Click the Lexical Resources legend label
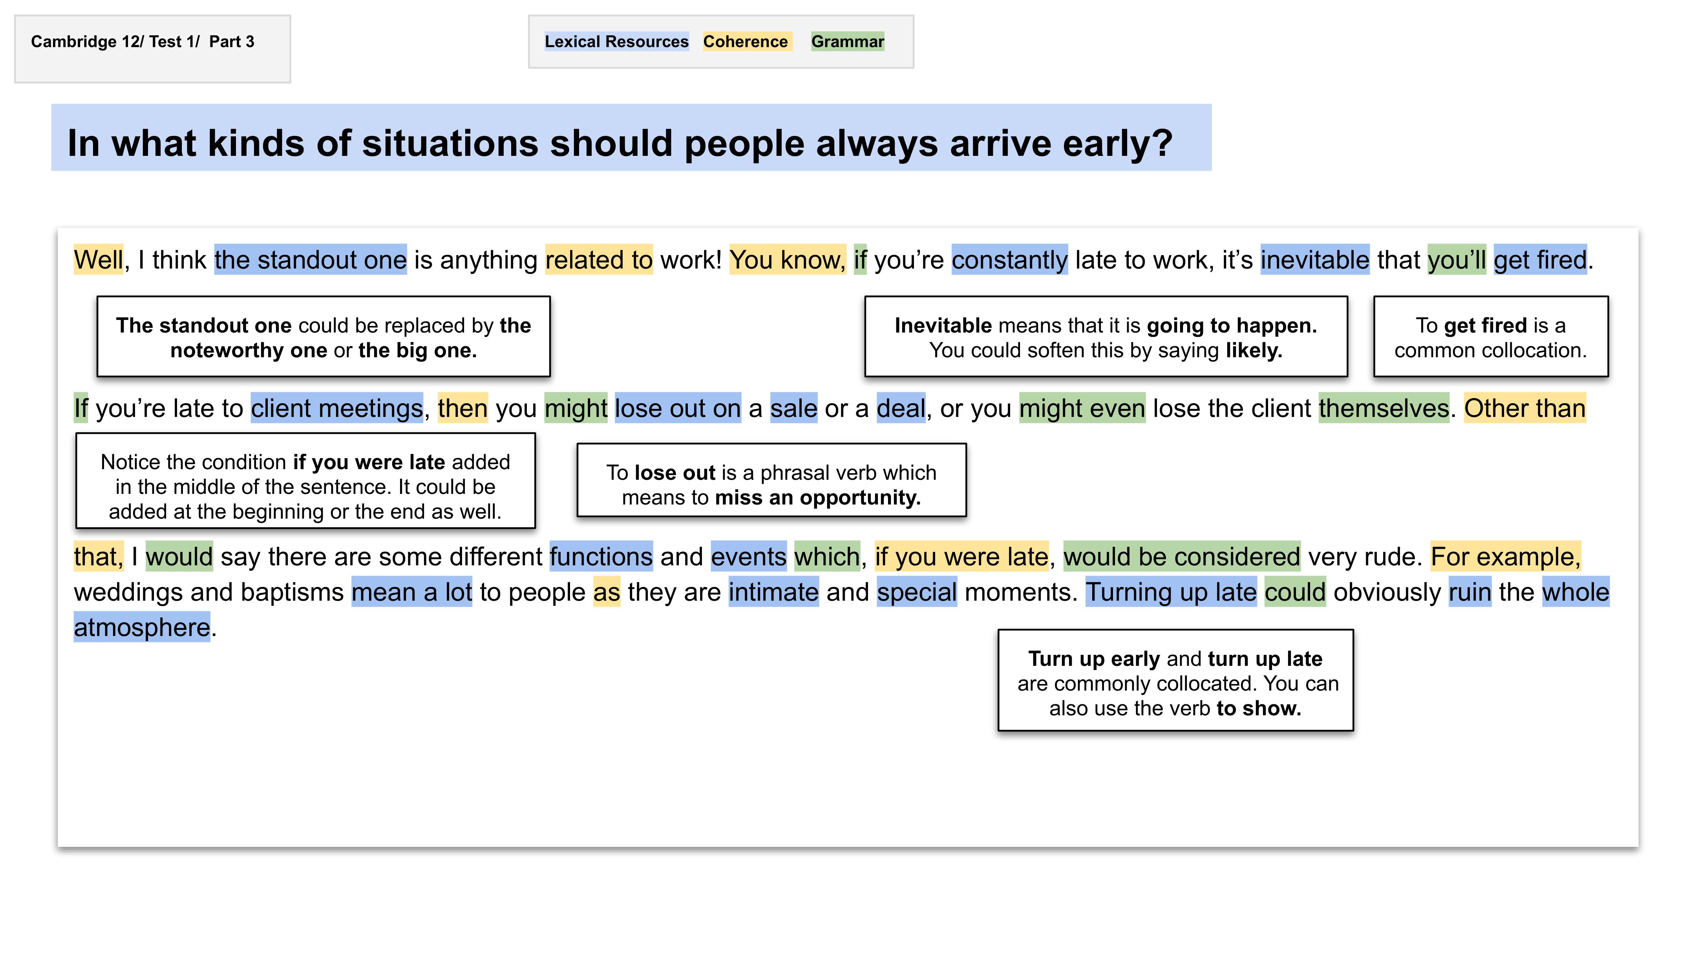[616, 42]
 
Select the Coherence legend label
[745, 42]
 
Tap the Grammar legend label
[847, 42]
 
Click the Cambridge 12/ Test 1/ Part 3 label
[142, 42]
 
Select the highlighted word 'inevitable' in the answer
[1315, 260]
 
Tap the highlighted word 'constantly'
[1009, 260]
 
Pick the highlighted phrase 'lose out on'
[678, 408]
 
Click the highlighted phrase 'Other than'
[1525, 408]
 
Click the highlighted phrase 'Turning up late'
[1171, 592]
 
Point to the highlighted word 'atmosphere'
[142, 627]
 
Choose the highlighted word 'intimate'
[773, 592]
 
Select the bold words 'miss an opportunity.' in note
[818, 498]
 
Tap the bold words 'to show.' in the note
[1259, 708]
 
